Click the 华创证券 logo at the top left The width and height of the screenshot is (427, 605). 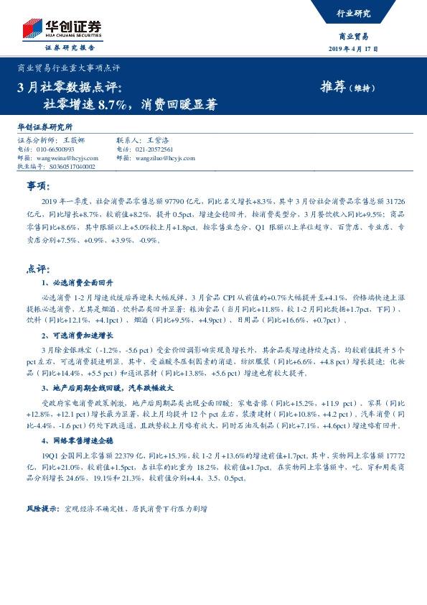[61, 29]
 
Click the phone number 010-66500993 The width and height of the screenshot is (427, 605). [55, 149]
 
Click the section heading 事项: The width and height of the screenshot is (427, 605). [37, 186]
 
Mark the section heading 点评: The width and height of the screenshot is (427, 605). [37, 268]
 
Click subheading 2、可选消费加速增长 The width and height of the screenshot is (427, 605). [77, 336]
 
